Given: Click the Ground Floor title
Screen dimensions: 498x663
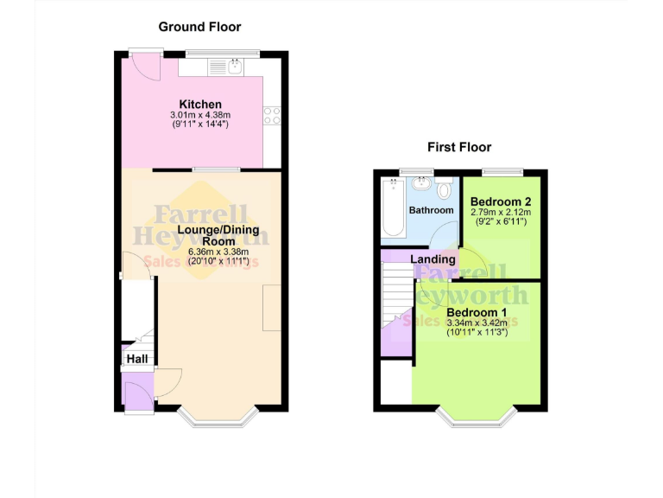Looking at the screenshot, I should pyautogui.click(x=199, y=27).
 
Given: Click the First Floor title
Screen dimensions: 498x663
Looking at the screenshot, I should pyautogui.click(x=458, y=147).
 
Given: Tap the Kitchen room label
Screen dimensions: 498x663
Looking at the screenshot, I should pyautogui.click(x=200, y=105).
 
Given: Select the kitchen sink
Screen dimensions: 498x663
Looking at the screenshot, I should pyautogui.click(x=234, y=64).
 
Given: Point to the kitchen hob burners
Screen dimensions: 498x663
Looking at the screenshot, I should pyautogui.click(x=273, y=114).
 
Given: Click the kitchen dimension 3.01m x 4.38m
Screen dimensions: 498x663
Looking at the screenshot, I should pyautogui.click(x=200, y=115).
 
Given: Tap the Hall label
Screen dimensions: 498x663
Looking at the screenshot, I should pyautogui.click(x=137, y=359).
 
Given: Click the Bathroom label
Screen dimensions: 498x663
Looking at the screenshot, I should pyautogui.click(x=431, y=210).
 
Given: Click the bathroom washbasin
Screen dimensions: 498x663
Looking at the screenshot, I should pyautogui.click(x=421, y=183).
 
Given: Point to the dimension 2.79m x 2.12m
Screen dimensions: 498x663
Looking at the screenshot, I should pyautogui.click(x=500, y=212).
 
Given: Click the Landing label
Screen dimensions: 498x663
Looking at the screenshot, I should pyautogui.click(x=433, y=259).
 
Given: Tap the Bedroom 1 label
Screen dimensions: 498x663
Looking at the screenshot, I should pyautogui.click(x=477, y=312).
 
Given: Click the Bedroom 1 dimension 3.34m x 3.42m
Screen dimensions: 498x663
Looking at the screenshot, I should pyautogui.click(x=477, y=322).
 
